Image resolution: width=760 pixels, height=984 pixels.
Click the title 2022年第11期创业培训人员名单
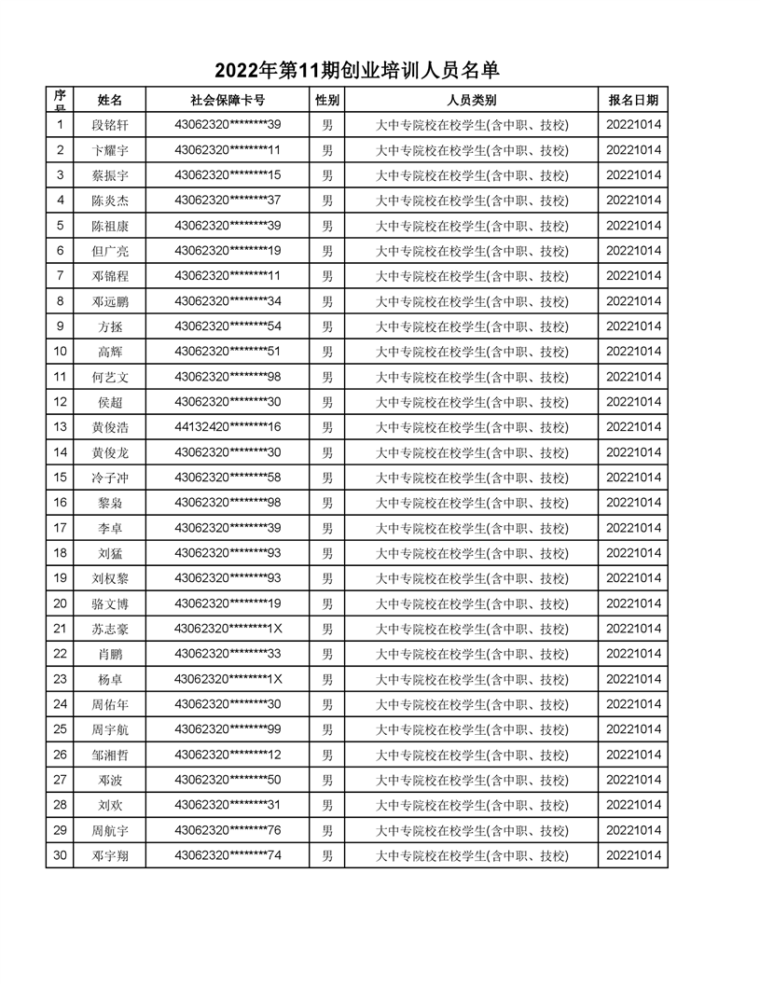[x=357, y=70]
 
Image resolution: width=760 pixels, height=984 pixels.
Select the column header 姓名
[x=110, y=100]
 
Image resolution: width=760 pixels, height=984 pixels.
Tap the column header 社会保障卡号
[x=228, y=100]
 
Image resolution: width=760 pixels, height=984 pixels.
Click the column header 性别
[x=327, y=100]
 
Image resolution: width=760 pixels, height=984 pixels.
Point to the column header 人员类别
[x=471, y=100]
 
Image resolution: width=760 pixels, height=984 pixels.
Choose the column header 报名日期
[x=633, y=100]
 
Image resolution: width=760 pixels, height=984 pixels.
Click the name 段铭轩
[x=110, y=125]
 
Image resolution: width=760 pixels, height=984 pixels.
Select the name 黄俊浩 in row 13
[x=110, y=427]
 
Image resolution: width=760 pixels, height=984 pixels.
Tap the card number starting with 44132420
[x=228, y=427]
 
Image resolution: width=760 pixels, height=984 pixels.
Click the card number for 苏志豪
[x=228, y=629]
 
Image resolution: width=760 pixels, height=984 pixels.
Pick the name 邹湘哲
[x=110, y=755]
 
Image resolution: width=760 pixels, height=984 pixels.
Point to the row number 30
[x=61, y=855]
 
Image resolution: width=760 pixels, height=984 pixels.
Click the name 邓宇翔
[x=110, y=855]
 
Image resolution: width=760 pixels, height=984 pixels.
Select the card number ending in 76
[x=228, y=830]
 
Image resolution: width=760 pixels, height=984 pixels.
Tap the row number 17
[x=61, y=528]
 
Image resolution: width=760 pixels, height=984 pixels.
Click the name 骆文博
[x=110, y=603]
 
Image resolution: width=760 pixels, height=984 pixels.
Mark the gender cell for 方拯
[x=327, y=326]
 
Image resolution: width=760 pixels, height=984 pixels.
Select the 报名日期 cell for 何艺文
[x=633, y=377]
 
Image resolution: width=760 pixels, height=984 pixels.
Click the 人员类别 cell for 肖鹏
[x=471, y=654]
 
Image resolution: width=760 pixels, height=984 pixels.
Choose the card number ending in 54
[x=228, y=326]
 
